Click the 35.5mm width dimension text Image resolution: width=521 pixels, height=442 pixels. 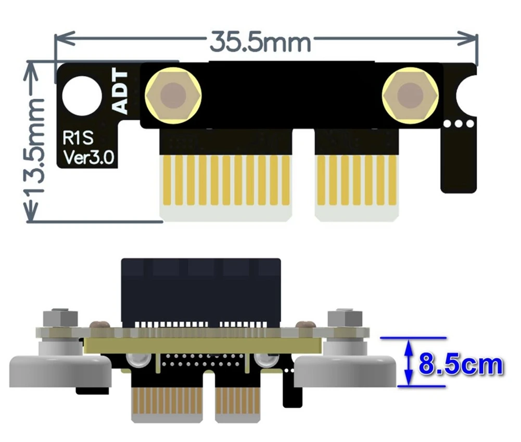[x=260, y=42]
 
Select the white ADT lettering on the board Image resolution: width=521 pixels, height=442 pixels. [x=121, y=92]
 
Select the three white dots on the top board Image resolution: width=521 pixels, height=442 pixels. [x=458, y=124]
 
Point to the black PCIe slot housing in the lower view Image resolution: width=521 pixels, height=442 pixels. [x=200, y=291]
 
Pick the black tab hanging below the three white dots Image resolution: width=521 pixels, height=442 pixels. [x=458, y=161]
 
